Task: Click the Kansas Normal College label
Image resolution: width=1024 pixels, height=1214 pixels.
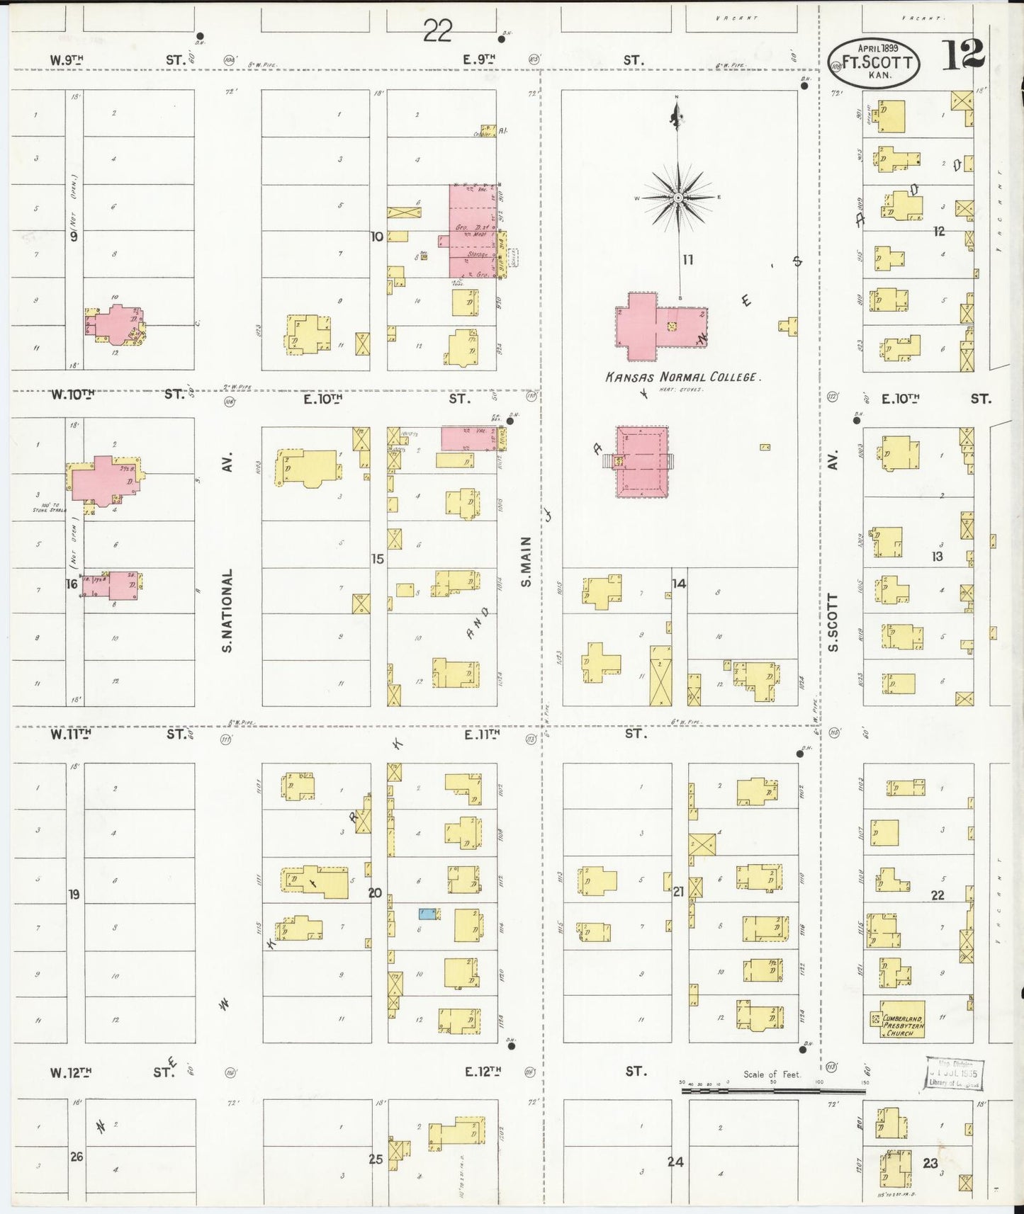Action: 682,378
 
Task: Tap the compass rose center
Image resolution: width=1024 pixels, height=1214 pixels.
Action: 678,197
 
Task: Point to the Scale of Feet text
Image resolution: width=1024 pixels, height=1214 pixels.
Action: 772,1074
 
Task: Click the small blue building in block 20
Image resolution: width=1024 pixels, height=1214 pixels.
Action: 427,914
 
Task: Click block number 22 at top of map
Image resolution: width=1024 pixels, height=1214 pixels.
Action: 438,31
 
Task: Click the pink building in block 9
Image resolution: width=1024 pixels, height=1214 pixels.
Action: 113,323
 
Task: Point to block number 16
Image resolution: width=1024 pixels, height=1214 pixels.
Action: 72,584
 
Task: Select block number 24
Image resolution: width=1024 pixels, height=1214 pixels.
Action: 675,1161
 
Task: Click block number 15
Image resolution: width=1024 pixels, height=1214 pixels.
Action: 377,559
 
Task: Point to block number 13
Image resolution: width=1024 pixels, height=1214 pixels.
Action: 937,557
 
